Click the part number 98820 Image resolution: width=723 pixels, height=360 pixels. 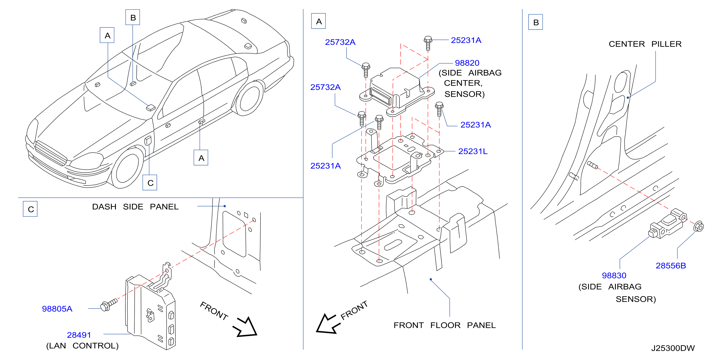(467, 63)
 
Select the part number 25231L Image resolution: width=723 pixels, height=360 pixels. (473, 151)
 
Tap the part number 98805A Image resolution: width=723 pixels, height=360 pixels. (57, 309)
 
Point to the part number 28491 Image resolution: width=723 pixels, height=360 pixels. (79, 335)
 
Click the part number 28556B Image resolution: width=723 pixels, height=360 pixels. (671, 265)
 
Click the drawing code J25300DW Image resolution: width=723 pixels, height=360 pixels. (673, 348)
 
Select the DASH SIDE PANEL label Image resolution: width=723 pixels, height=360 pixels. (135, 207)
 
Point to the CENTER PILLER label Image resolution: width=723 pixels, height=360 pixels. (645, 44)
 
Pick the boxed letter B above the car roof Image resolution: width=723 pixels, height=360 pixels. (133, 17)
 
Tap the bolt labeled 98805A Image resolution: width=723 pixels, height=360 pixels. (109, 304)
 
